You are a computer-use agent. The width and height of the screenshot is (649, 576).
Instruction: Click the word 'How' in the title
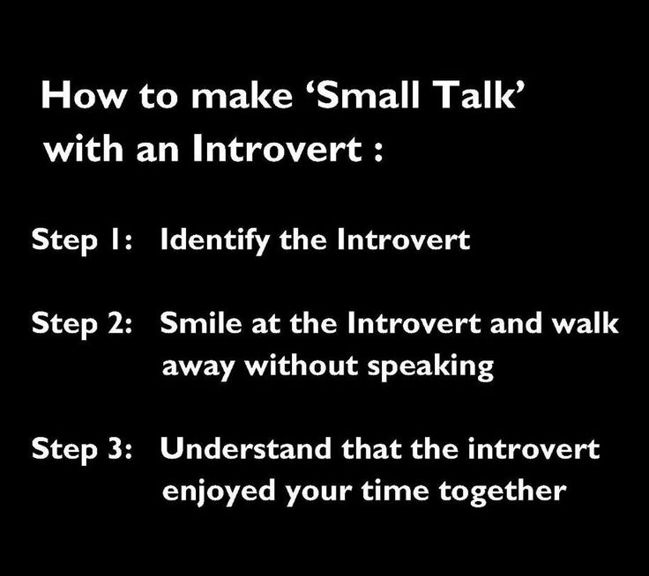click(83, 95)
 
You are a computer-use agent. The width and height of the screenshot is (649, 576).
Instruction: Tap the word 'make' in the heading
click(242, 95)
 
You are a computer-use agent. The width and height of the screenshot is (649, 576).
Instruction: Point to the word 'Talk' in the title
click(474, 95)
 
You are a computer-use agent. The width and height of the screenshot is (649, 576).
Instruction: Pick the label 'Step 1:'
click(82, 240)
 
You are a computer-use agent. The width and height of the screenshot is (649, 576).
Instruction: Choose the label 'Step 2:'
click(82, 324)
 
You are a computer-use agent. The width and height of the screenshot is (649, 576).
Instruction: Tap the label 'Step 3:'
click(82, 449)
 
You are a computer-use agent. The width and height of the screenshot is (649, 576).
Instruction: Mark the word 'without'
click(301, 366)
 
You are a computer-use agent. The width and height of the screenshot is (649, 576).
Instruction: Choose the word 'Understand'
click(246, 448)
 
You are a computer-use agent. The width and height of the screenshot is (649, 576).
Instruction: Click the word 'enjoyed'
click(219, 492)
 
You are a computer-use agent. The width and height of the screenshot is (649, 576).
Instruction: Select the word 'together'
click(503, 492)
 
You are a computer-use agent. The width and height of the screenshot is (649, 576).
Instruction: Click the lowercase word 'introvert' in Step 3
click(533, 448)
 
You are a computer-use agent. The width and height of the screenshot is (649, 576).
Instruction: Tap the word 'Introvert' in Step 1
click(404, 240)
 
